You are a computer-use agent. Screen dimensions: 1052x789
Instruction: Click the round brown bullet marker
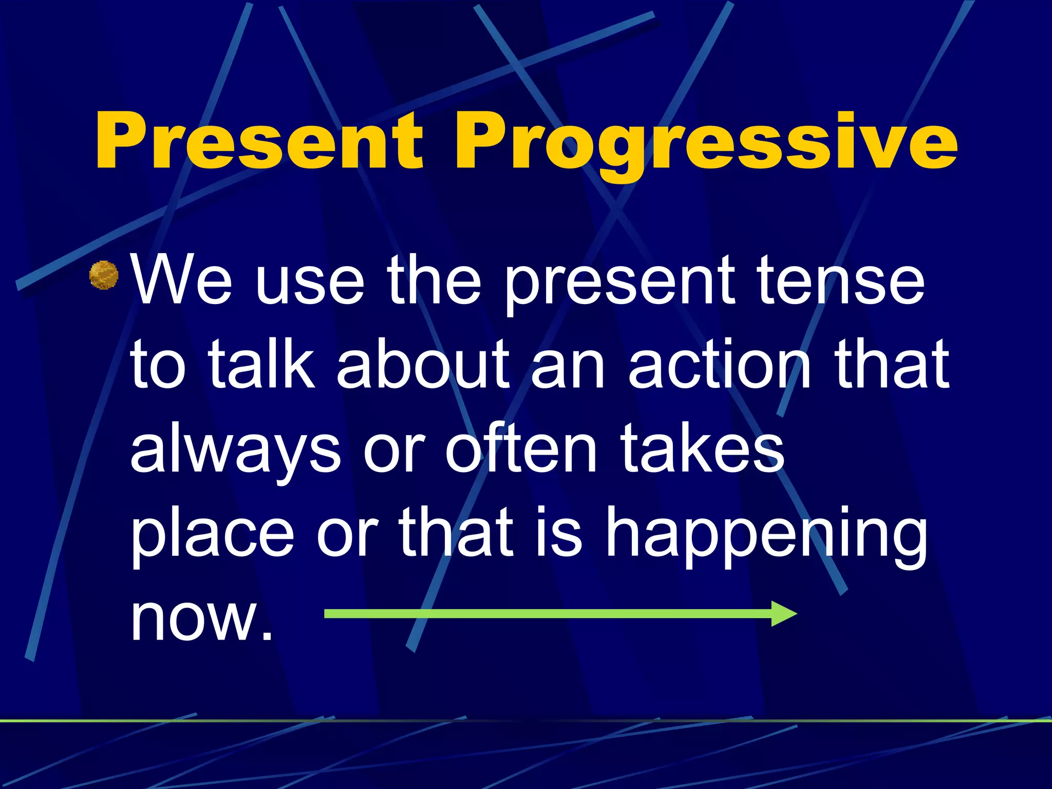104,275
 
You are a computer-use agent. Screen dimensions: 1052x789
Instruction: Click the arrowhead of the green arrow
784,614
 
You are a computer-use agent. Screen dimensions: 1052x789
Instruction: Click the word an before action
568,370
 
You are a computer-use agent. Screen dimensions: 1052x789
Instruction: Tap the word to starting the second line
158,366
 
